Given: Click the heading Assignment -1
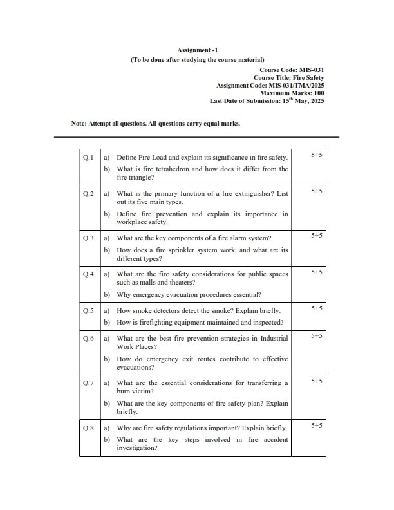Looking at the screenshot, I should [x=197, y=50].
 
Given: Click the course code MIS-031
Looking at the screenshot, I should [x=308, y=69].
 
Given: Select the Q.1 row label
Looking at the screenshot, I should [x=89, y=157].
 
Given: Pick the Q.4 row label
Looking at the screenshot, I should [x=89, y=274].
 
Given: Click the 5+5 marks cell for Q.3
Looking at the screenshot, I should [x=317, y=236].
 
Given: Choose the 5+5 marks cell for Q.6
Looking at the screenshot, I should [x=317, y=336].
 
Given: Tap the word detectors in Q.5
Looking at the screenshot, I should [x=173, y=310].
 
